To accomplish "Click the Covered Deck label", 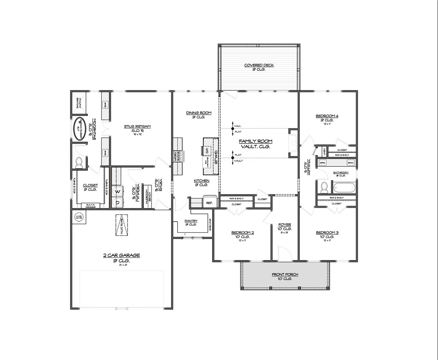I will (x=259, y=65).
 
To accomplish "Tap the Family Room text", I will (x=255, y=141).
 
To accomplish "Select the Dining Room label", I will (x=199, y=113).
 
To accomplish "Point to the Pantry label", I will (x=191, y=221).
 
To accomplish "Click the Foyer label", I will (x=285, y=225).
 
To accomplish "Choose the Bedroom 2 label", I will (x=242, y=232).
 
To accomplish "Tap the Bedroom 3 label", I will (x=327, y=232).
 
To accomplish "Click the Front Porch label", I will (x=285, y=274).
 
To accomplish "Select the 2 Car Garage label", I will (x=121, y=255).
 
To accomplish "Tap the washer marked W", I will (x=118, y=191).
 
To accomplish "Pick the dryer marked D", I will (x=118, y=203).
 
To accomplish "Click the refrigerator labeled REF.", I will (x=209, y=202).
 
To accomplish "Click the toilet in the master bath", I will (x=80, y=162).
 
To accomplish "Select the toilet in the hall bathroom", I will (x=323, y=187).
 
